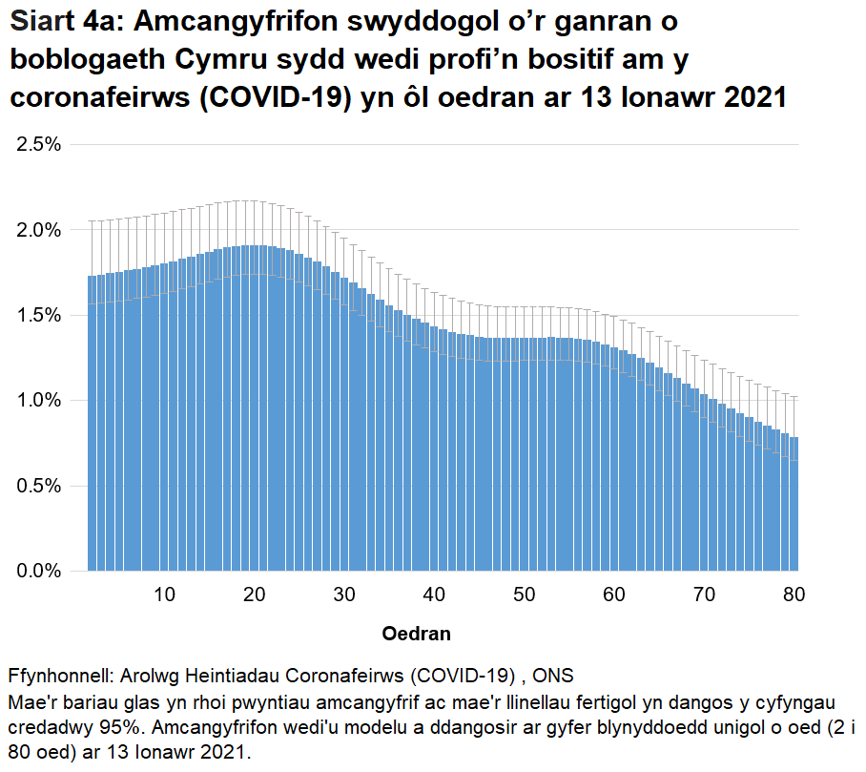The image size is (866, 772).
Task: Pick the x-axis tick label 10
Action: coord(164,595)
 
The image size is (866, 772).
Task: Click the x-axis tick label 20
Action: coord(254,595)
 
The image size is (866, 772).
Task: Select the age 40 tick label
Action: coord(434,595)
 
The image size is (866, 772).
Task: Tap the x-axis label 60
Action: coord(614,595)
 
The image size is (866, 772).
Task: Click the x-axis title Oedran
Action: coord(416,634)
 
